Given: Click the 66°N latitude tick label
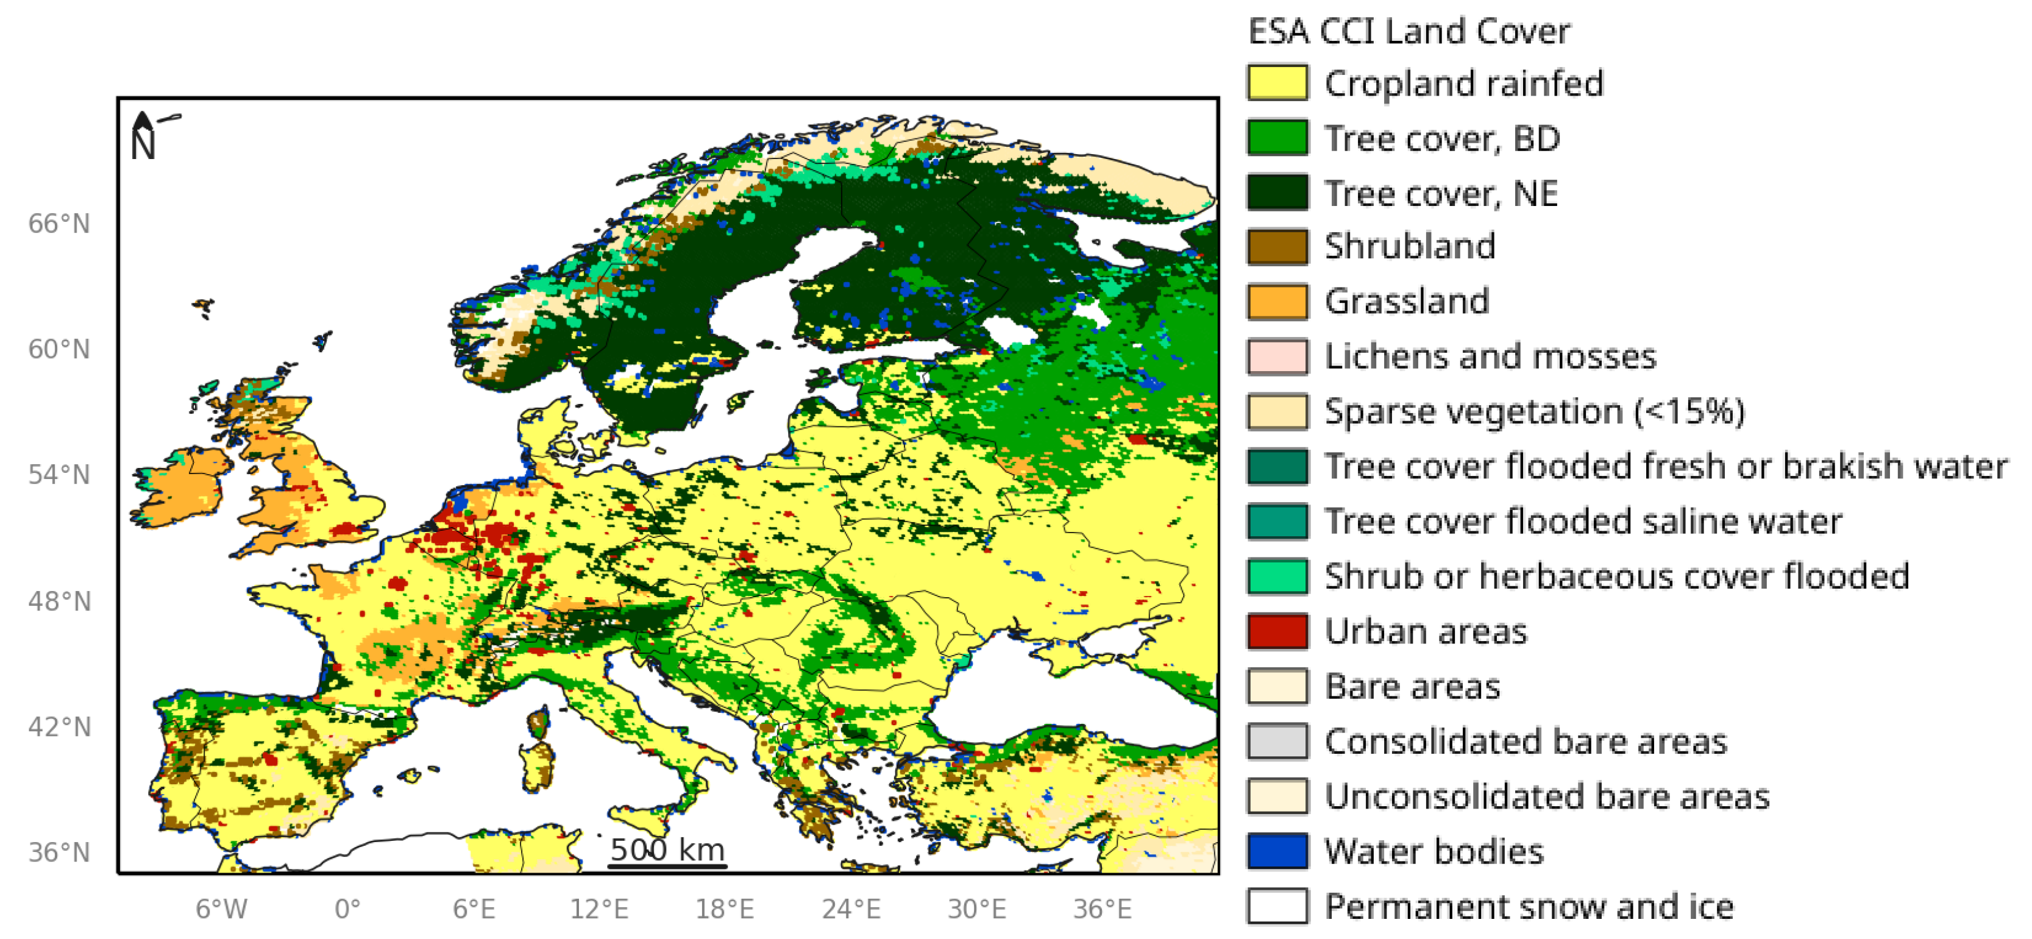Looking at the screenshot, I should [x=59, y=224].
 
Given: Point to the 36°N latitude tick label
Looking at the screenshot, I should [x=59, y=852].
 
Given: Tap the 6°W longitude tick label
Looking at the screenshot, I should [x=222, y=909].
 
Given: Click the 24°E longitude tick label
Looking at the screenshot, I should [x=851, y=909].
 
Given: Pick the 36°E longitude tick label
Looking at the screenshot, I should [x=1102, y=909].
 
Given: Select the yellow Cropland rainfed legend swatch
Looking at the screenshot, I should [x=1277, y=83].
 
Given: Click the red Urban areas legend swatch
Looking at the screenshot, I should [x=1277, y=631].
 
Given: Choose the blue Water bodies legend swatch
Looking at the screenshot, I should [x=1277, y=851].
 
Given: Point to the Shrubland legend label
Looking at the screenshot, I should [x=1410, y=246].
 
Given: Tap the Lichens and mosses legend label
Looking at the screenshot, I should [x=1490, y=356].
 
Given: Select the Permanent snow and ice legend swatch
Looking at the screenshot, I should [x=1277, y=906].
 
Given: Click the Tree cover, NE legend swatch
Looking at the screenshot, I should [x=1277, y=193].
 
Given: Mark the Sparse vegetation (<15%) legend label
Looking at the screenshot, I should [x=1534, y=411].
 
